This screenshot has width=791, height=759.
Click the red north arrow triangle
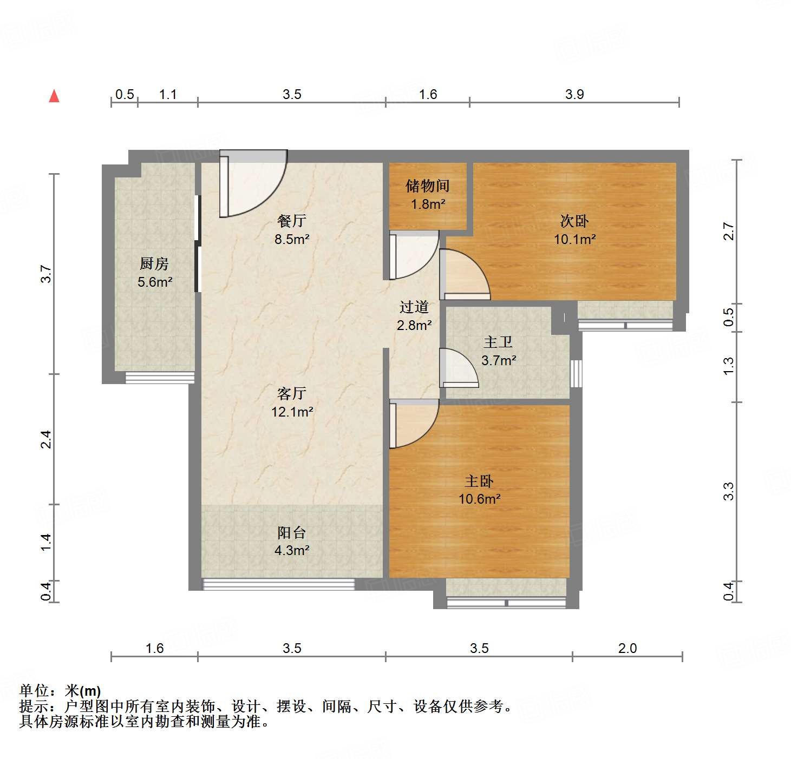pyautogui.click(x=54, y=96)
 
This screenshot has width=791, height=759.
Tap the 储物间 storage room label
pyautogui.click(x=428, y=186)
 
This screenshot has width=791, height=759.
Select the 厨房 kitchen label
pyautogui.click(x=154, y=264)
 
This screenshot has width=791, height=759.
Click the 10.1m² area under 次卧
pyautogui.click(x=574, y=239)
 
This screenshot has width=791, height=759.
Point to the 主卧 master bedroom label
pyautogui.click(x=479, y=481)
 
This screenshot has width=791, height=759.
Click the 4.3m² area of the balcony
pyautogui.click(x=292, y=551)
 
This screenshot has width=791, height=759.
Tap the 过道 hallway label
pyautogui.click(x=414, y=307)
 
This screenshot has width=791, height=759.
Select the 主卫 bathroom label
pyautogui.click(x=498, y=342)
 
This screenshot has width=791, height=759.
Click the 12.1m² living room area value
pyautogui.click(x=292, y=412)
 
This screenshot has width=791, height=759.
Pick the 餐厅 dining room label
pyautogui.click(x=292, y=221)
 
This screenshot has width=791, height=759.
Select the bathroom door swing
pyautogui.click(x=458, y=368)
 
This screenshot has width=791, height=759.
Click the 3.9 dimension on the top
pyautogui.click(x=574, y=94)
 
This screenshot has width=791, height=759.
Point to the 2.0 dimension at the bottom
pyautogui.click(x=627, y=648)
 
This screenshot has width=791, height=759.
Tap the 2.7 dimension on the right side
pyautogui.click(x=729, y=232)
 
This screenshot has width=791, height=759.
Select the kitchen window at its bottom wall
pyautogui.click(x=160, y=378)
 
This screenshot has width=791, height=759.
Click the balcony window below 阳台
pyautogui.click(x=278, y=584)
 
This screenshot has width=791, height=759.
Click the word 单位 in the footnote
pyautogui.click(x=34, y=691)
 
